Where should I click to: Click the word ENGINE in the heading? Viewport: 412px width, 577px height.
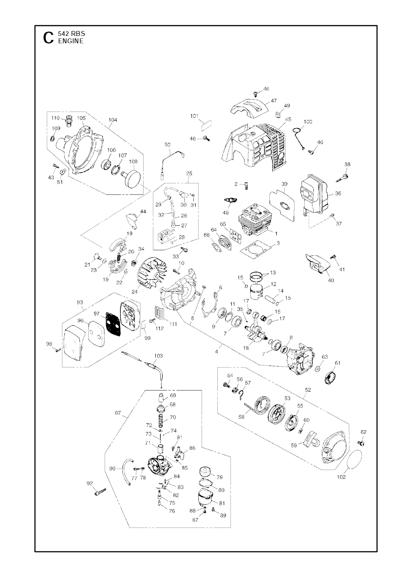click(71, 41)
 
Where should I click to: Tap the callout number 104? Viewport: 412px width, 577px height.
click(113, 120)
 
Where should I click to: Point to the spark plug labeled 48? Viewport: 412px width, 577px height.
click(229, 200)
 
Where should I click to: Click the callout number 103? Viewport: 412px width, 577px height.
click(158, 356)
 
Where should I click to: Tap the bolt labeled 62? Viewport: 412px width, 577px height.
click(361, 443)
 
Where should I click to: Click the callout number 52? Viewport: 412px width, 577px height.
click(307, 390)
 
